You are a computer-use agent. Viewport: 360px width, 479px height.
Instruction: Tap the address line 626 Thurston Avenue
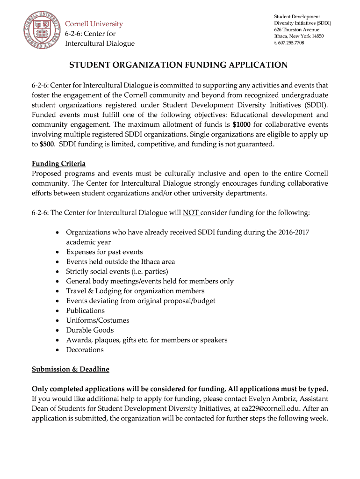tap(296, 29)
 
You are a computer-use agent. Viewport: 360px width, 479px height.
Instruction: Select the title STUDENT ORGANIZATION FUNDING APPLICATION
tap(179, 65)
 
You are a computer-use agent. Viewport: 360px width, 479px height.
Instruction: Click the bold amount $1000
tap(241, 124)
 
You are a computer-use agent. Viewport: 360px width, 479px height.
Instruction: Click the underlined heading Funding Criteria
tap(58, 164)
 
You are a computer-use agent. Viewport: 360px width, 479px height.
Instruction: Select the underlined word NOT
tap(191, 212)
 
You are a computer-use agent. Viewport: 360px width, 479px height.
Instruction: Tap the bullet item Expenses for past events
tap(104, 252)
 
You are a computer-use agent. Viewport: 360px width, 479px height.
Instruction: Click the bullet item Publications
tap(85, 311)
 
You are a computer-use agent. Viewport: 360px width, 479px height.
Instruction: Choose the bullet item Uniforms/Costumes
tap(97, 320)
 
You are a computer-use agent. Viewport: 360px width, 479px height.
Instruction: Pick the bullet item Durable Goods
tap(90, 330)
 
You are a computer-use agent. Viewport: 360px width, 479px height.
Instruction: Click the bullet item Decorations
tap(85, 350)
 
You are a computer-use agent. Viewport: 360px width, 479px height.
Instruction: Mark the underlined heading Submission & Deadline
tap(70, 369)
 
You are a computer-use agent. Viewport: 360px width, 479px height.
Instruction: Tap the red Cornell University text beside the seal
tap(94, 24)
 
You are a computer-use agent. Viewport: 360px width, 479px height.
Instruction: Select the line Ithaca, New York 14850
tap(299, 36)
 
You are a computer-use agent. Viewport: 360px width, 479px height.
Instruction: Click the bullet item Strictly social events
tap(117, 271)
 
